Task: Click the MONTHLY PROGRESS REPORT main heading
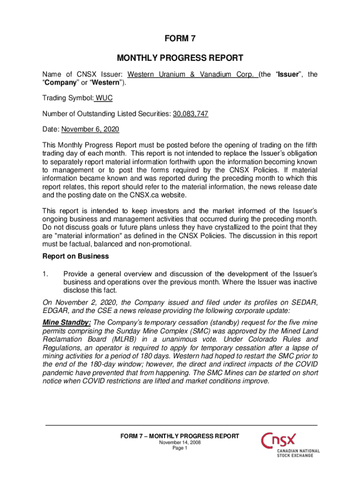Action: click(180, 58)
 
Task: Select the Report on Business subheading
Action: click(75, 256)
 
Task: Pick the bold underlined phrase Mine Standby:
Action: click(66, 322)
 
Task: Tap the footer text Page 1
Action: click(180, 448)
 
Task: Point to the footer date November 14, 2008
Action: click(180, 443)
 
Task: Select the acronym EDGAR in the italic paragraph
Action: click(56, 311)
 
